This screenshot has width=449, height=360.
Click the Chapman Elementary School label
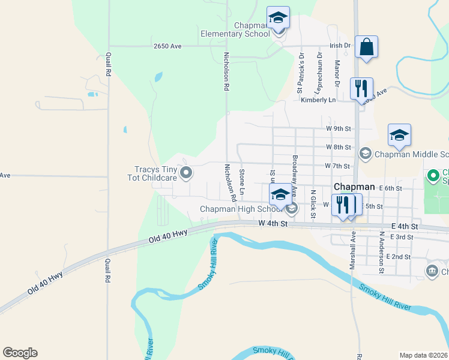point(235,30)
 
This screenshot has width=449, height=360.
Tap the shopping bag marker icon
point(366,47)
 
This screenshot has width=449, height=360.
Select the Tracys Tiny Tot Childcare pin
point(186,173)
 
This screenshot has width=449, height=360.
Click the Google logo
point(20,353)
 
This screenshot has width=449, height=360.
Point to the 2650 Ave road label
point(167,46)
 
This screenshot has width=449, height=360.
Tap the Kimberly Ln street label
point(318,100)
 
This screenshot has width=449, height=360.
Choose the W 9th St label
point(338,128)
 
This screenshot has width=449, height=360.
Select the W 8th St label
point(338,147)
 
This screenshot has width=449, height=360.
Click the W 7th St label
point(337,166)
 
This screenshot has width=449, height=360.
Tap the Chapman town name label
point(354,187)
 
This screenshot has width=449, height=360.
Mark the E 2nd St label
point(399,257)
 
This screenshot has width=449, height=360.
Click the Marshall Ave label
point(354,245)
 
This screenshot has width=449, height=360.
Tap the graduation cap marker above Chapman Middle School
point(399,136)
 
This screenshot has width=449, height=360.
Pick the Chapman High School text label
point(241,209)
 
